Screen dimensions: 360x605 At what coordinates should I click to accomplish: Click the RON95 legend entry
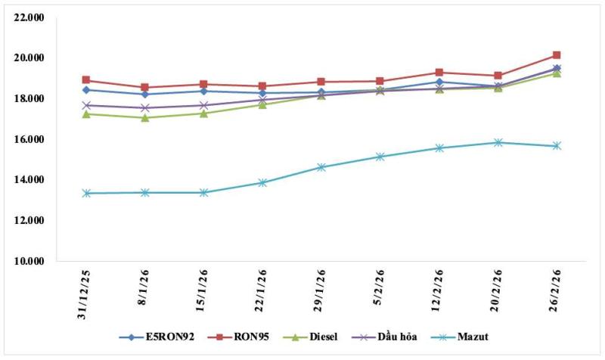(242, 337)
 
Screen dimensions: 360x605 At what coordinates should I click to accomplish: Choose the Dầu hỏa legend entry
(395, 337)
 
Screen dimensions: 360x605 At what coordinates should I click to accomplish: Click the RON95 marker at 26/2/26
(556, 55)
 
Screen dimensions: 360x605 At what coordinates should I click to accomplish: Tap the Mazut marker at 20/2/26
(498, 142)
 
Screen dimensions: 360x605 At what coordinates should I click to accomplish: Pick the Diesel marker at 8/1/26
(145, 117)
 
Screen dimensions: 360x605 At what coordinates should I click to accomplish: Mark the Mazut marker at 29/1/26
(321, 167)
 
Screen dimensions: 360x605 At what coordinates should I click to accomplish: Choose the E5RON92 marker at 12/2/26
(439, 82)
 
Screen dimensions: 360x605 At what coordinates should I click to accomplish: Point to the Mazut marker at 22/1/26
(262, 182)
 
